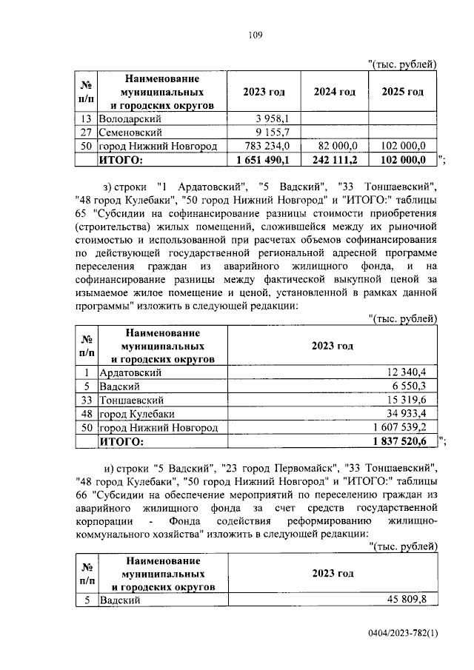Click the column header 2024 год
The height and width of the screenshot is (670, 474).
[334, 92]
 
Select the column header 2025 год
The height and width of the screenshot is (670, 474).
[402, 92]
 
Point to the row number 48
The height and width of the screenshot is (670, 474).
[87, 414]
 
